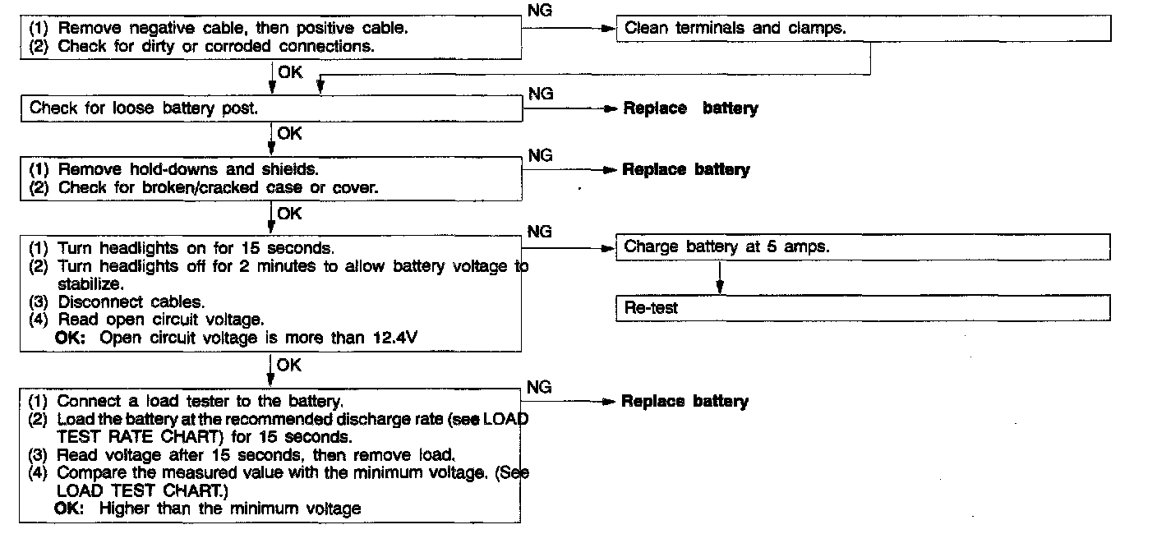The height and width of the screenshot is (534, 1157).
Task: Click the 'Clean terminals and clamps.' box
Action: (x=863, y=29)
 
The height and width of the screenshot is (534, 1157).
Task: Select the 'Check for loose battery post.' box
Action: (x=271, y=108)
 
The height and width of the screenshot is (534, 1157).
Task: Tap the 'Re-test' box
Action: (x=863, y=308)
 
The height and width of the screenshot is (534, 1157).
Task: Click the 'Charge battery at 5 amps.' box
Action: (x=863, y=246)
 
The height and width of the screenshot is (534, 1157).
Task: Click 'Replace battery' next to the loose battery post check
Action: (x=690, y=108)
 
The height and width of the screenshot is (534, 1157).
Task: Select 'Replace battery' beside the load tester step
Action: (x=685, y=402)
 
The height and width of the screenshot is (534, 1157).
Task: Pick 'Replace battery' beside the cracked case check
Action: (x=686, y=170)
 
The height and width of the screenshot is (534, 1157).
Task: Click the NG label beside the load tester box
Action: (x=539, y=387)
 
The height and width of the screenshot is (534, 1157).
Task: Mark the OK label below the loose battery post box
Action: (x=290, y=133)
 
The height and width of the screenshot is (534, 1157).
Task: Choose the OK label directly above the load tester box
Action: (x=289, y=366)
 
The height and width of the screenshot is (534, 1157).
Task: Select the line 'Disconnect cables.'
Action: (x=131, y=302)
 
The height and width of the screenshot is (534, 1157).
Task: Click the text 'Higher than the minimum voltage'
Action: (x=229, y=509)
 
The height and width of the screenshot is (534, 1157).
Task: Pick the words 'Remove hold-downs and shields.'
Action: (x=187, y=169)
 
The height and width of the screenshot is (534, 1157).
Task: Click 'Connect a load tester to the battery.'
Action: (x=200, y=401)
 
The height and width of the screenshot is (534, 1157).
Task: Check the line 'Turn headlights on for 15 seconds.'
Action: (x=194, y=247)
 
